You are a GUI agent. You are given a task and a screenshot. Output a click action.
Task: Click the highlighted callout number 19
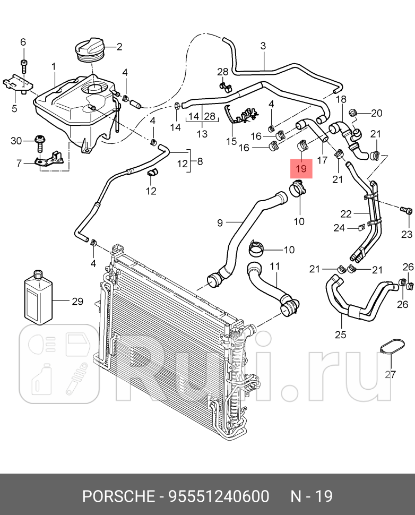coord(301,168)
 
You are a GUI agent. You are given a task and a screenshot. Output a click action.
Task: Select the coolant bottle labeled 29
coord(39,298)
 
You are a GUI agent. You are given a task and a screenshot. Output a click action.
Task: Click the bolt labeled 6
coord(23,66)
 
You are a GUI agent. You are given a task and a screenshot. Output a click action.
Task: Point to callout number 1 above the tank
coord(54,66)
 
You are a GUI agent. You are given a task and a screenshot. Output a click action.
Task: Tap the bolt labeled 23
coord(406,211)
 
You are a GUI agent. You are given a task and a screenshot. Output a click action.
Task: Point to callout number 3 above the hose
coord(263,46)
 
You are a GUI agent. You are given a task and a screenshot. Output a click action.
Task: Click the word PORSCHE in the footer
coord(116,496)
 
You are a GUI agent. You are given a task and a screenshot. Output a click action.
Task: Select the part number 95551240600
coord(219,496)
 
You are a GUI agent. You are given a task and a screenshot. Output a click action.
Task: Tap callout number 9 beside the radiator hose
coord(220,223)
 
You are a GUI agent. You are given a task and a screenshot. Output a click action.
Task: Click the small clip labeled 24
coord(360,228)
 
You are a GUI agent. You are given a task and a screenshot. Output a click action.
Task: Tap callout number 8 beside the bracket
coord(200,160)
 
